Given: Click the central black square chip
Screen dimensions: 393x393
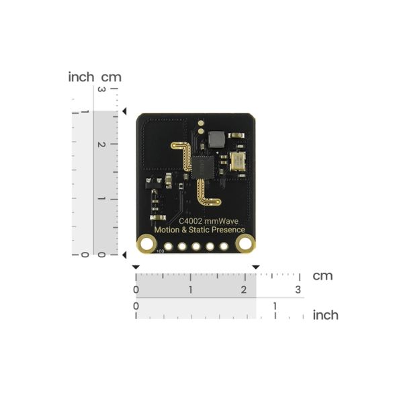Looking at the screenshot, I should point(205,165).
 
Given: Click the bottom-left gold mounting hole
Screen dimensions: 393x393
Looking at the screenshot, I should point(146,243).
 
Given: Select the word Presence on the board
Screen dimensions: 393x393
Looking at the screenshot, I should point(228,230).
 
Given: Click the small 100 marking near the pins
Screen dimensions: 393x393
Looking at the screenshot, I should point(160,251).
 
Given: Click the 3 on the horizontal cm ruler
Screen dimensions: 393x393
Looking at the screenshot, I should point(298,290).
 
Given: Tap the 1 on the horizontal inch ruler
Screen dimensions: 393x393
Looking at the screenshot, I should point(275,306).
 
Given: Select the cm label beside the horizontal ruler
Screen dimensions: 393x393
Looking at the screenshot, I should point(322,275).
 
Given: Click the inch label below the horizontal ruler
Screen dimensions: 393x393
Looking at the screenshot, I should point(325,315).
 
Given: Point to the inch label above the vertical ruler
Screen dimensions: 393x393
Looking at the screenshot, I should point(81,77).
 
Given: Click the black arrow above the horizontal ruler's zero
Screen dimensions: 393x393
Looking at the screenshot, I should point(136,267).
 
